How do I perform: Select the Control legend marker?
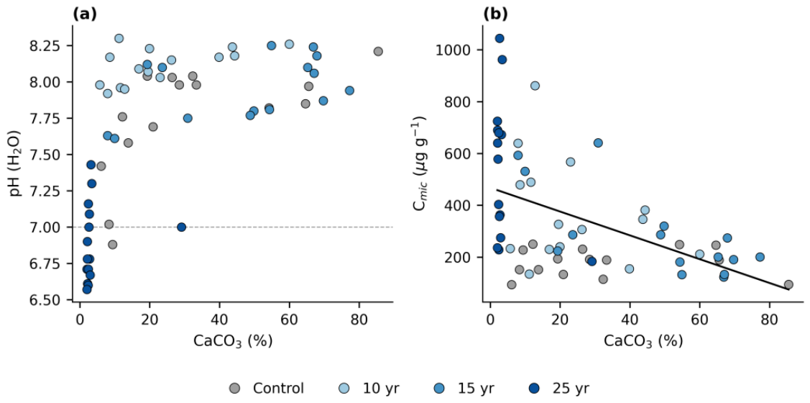pos(234,388)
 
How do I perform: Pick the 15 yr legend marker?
pos(446,388)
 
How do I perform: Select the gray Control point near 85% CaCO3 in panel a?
pos(378,51)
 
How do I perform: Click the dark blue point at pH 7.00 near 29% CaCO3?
pos(181,227)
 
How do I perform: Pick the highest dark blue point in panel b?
pos(500,38)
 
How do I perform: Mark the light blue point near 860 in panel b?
pos(535,86)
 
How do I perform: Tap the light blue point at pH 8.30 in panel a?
pos(119,38)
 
